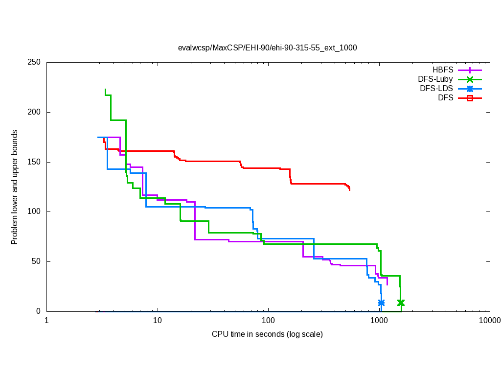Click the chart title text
click(267, 48)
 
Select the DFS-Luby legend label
click(435, 79)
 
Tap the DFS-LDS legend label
click(436, 89)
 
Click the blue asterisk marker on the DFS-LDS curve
click(381, 303)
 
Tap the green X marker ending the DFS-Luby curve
click(401, 303)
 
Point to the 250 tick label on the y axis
click(34, 63)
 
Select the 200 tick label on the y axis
click(34, 112)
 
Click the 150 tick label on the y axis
click(34, 162)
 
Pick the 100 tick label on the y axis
click(34, 211)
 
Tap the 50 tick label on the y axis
click(36, 261)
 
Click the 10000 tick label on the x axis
click(489, 321)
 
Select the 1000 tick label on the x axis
click(379, 321)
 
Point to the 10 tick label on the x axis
click(158, 321)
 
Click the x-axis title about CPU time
click(267, 334)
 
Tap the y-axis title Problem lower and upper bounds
click(15, 187)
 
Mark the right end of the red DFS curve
click(349, 189)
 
